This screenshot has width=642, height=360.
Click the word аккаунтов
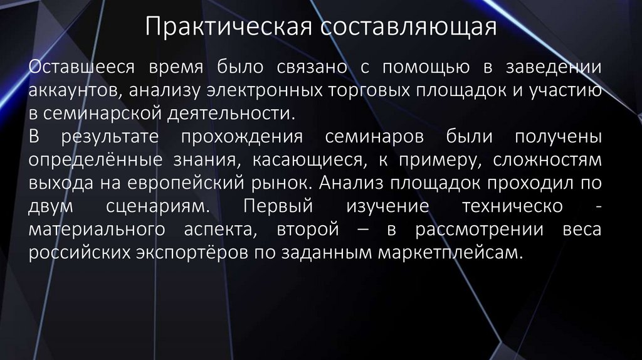(75, 91)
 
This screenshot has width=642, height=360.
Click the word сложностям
(547, 161)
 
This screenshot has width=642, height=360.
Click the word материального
(90, 230)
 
